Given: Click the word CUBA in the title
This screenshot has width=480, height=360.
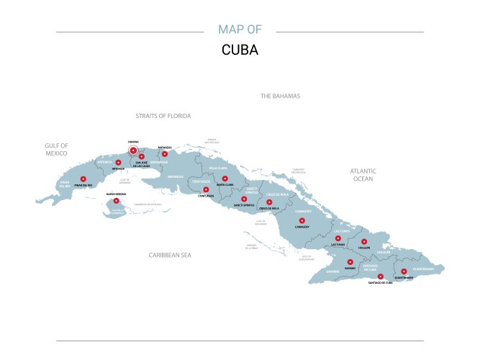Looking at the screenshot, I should (x=240, y=51).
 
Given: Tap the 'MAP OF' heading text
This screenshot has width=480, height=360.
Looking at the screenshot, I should (x=240, y=30).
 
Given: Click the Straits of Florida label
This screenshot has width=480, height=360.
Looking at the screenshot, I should (x=163, y=115).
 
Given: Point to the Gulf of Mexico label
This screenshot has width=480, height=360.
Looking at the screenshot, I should (x=56, y=149).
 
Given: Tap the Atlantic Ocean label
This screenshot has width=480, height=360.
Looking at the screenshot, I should (x=362, y=174).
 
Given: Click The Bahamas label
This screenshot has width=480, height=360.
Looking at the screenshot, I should (x=280, y=96).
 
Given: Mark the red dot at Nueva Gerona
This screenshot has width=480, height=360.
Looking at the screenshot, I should (x=117, y=202).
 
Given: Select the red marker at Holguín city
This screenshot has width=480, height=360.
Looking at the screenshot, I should (x=364, y=242).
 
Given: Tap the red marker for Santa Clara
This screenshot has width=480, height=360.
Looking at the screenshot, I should (x=225, y=179).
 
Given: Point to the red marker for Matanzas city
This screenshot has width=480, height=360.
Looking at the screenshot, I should (x=165, y=153).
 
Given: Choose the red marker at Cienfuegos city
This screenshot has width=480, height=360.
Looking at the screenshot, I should (x=206, y=190).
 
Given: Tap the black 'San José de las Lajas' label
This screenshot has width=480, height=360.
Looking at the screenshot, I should (x=142, y=163).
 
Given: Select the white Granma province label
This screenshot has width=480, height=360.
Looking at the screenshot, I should (x=332, y=271).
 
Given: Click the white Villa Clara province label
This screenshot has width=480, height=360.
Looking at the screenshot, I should (x=217, y=168).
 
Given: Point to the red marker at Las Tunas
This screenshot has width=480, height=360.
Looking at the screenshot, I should (x=338, y=238).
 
